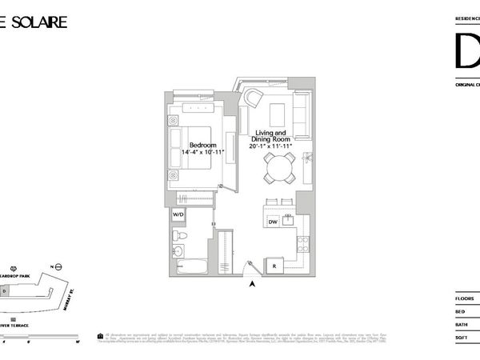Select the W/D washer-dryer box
[178, 214]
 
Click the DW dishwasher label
[273, 222]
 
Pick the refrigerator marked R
[274, 263]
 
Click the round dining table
[281, 167]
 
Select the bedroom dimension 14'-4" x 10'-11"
[196, 152]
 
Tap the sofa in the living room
[302, 114]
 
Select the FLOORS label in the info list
[465, 299]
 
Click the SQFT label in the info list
[462, 337]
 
